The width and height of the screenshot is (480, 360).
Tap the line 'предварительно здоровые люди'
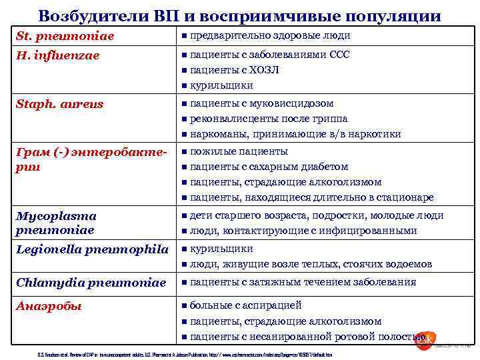(x=270, y=35)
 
